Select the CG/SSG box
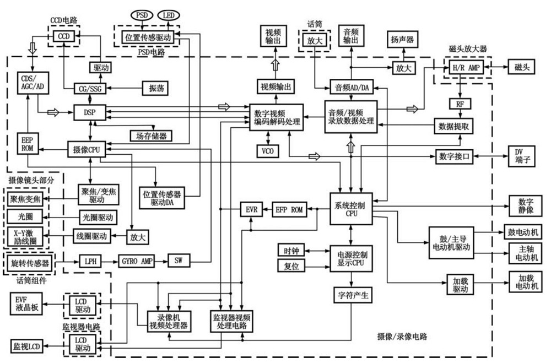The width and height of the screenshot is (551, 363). [x=89, y=88]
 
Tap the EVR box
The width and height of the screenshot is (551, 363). [x=251, y=209]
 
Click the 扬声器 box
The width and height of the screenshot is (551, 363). [x=402, y=40]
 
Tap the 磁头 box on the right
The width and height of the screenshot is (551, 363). [x=522, y=66]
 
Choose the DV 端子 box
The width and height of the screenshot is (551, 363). [x=522, y=156]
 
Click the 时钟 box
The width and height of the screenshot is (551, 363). [x=290, y=250]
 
